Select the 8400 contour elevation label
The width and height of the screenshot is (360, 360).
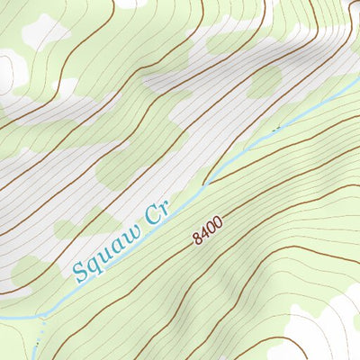coord(206,231)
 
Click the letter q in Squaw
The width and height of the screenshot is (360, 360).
coord(95,262)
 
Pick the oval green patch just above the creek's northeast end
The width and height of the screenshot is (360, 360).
coord(264,83)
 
